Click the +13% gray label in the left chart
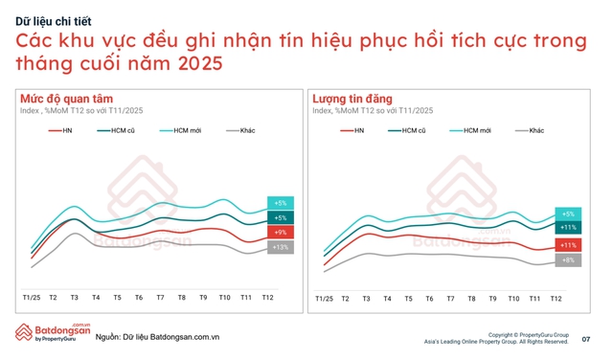(281, 247)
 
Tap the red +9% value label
(281, 232)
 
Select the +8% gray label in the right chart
(567, 260)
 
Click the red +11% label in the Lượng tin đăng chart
(567, 245)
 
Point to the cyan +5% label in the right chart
(567, 214)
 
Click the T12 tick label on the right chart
(556, 299)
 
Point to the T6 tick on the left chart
(139, 299)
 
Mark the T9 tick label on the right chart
(492, 299)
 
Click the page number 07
(585, 339)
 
